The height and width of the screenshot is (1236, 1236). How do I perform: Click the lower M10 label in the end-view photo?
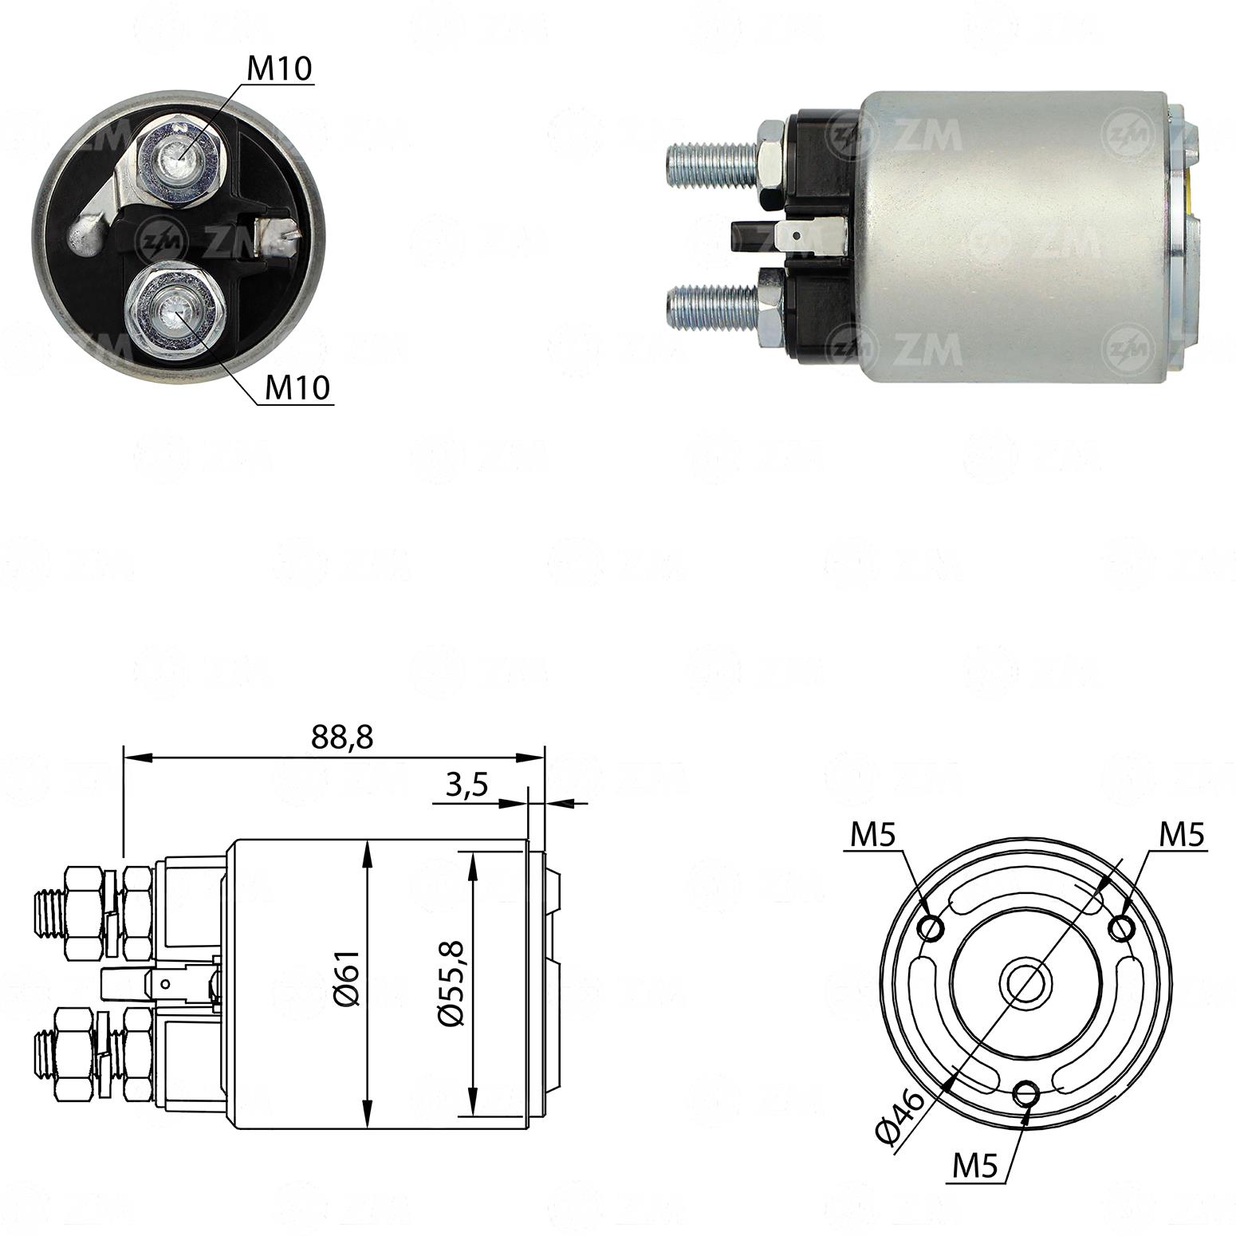(297, 388)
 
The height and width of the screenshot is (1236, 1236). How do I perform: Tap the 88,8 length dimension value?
(342, 738)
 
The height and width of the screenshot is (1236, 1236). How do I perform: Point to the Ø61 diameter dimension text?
(348, 978)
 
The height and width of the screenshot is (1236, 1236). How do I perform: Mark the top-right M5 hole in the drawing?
(1123, 928)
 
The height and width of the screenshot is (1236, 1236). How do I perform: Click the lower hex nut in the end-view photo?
(171, 306)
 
